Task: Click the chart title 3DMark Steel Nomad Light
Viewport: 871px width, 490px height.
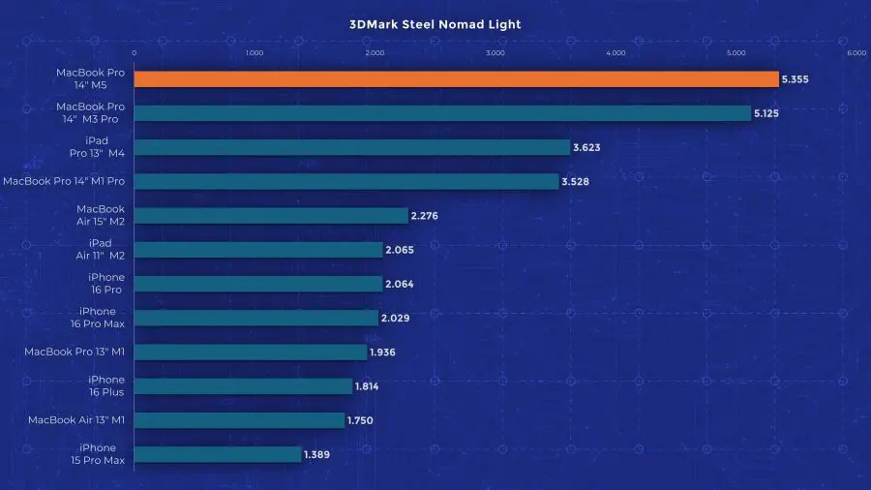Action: (x=435, y=25)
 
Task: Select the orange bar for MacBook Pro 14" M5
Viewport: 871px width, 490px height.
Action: (x=455, y=79)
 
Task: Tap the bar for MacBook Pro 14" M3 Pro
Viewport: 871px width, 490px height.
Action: (x=442, y=113)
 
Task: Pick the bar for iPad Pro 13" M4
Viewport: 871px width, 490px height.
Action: (x=351, y=147)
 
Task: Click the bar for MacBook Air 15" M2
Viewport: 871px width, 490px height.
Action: (x=271, y=215)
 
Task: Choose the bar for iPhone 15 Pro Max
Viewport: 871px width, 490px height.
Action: (x=217, y=453)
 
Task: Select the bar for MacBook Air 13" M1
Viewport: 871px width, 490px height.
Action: (x=239, y=419)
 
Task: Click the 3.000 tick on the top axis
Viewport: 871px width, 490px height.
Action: (x=496, y=53)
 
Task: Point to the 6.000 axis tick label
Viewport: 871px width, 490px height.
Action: (x=856, y=53)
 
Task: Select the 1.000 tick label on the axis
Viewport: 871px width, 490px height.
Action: (x=255, y=53)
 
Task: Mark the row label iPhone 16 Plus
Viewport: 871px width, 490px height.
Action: (x=105, y=385)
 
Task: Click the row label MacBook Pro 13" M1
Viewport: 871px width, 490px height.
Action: (x=75, y=352)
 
